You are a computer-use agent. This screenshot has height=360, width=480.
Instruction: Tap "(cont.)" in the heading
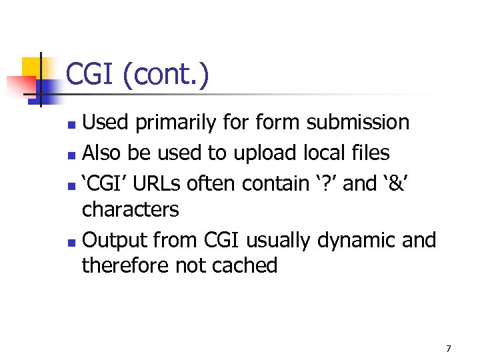coord(165,75)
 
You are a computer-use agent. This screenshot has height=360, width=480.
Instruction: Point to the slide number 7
coord(449,348)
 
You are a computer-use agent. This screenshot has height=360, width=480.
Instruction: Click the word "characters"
coord(131,210)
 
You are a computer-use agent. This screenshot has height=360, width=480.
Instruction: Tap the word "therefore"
coord(125,266)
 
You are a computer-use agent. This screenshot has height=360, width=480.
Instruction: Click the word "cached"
coord(244,266)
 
